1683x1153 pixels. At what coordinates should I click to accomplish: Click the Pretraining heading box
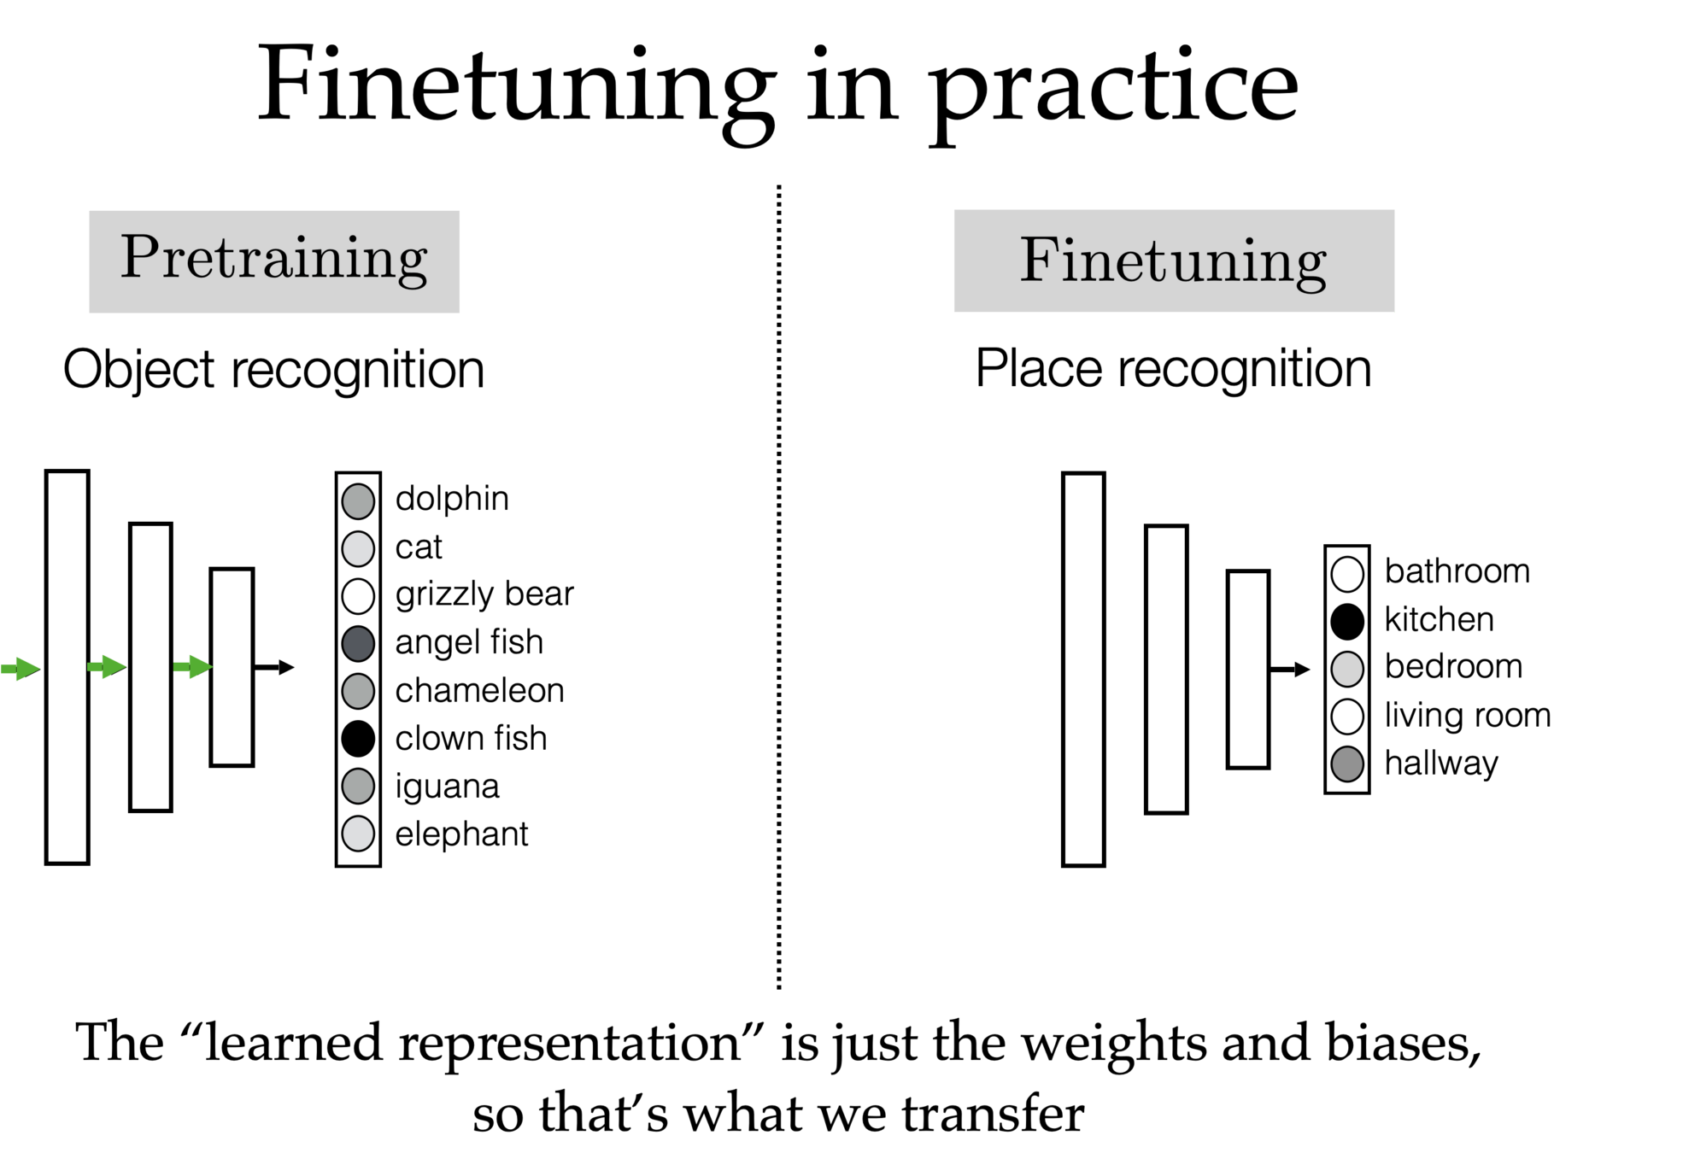[274, 261]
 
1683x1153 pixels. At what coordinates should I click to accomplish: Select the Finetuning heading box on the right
[1174, 261]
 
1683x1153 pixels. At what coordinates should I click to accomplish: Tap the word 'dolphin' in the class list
[452, 499]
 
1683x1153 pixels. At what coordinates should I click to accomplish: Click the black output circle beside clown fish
[358, 739]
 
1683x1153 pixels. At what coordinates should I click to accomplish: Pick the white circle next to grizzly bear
[358, 595]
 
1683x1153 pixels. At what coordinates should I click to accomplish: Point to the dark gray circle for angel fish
[358, 643]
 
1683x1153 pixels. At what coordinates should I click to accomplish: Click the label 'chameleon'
[479, 691]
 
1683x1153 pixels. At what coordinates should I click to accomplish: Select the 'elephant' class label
[461, 834]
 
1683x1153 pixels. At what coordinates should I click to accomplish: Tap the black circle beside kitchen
[1347, 621]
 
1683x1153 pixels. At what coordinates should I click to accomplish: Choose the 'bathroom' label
[1457, 571]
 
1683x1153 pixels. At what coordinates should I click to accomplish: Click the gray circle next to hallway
[1347, 764]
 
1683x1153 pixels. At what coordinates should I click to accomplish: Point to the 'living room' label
[1467, 716]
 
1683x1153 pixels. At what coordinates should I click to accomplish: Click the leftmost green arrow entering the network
[21, 669]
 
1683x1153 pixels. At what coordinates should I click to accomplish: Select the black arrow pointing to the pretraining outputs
[275, 667]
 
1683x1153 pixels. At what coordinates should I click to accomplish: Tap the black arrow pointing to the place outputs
[1290, 670]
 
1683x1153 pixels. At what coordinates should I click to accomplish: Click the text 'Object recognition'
[273, 371]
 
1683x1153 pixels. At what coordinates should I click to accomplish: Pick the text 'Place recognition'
[1173, 370]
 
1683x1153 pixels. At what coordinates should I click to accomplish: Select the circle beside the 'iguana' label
[358, 787]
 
